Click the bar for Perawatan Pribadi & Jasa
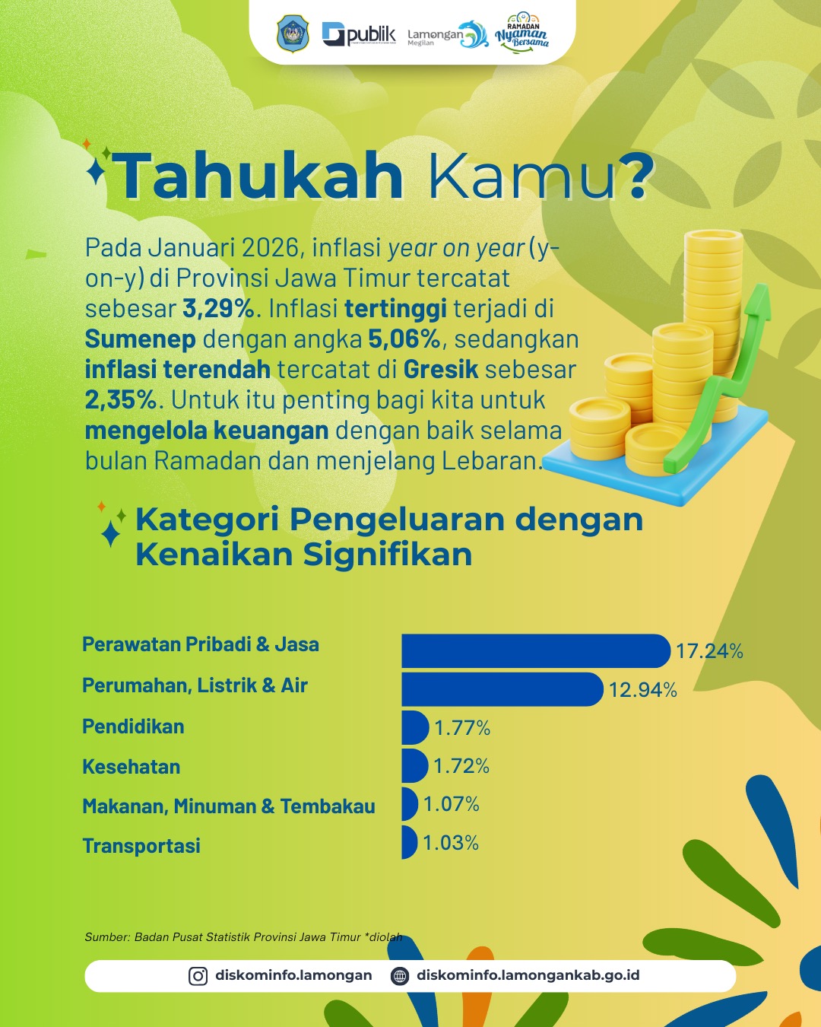pyautogui.click(x=535, y=651)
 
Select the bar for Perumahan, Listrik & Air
pyautogui.click(x=502, y=689)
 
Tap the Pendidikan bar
pyautogui.click(x=415, y=727)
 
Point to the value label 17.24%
pyautogui.click(x=709, y=651)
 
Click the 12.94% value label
pyautogui.click(x=642, y=690)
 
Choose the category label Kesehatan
pyautogui.click(x=132, y=767)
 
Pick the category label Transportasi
pyautogui.click(x=141, y=846)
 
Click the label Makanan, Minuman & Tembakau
pyautogui.click(x=229, y=806)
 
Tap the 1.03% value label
pyautogui.click(x=451, y=843)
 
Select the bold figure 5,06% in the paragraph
pyautogui.click(x=404, y=339)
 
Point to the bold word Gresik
pyautogui.click(x=441, y=370)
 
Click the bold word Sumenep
pyautogui.click(x=141, y=339)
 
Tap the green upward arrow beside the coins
pyautogui.click(x=730, y=373)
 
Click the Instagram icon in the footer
pyautogui.click(x=198, y=976)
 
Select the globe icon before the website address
pyautogui.click(x=400, y=976)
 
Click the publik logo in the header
pyautogui.click(x=359, y=34)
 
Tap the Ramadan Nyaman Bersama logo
pyautogui.click(x=522, y=32)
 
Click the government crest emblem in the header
pyautogui.click(x=292, y=34)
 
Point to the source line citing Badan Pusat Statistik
pyautogui.click(x=243, y=937)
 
